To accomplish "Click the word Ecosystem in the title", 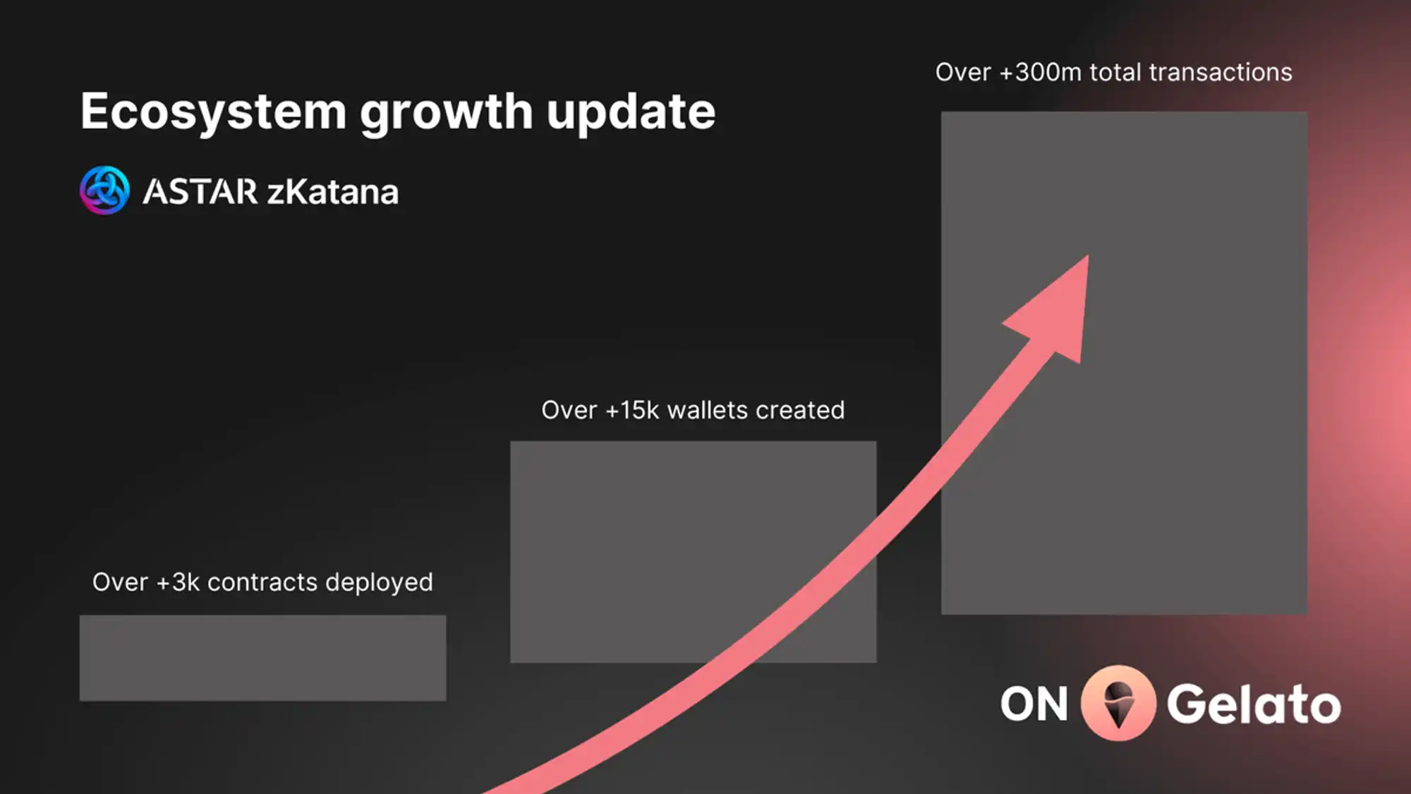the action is (214, 112).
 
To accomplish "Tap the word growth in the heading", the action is (446, 113).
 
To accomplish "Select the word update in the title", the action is (631, 113).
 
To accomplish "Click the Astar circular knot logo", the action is (104, 191).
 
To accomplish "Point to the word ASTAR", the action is (200, 192).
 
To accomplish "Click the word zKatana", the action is (333, 192).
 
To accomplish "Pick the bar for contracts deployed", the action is (262, 658).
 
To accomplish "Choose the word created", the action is (800, 410).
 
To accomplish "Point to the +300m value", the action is (1041, 72).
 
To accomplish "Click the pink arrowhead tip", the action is (1088, 256).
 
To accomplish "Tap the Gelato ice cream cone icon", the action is (1118, 703).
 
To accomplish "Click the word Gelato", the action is (1254, 704).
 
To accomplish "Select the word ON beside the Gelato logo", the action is (1034, 704).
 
